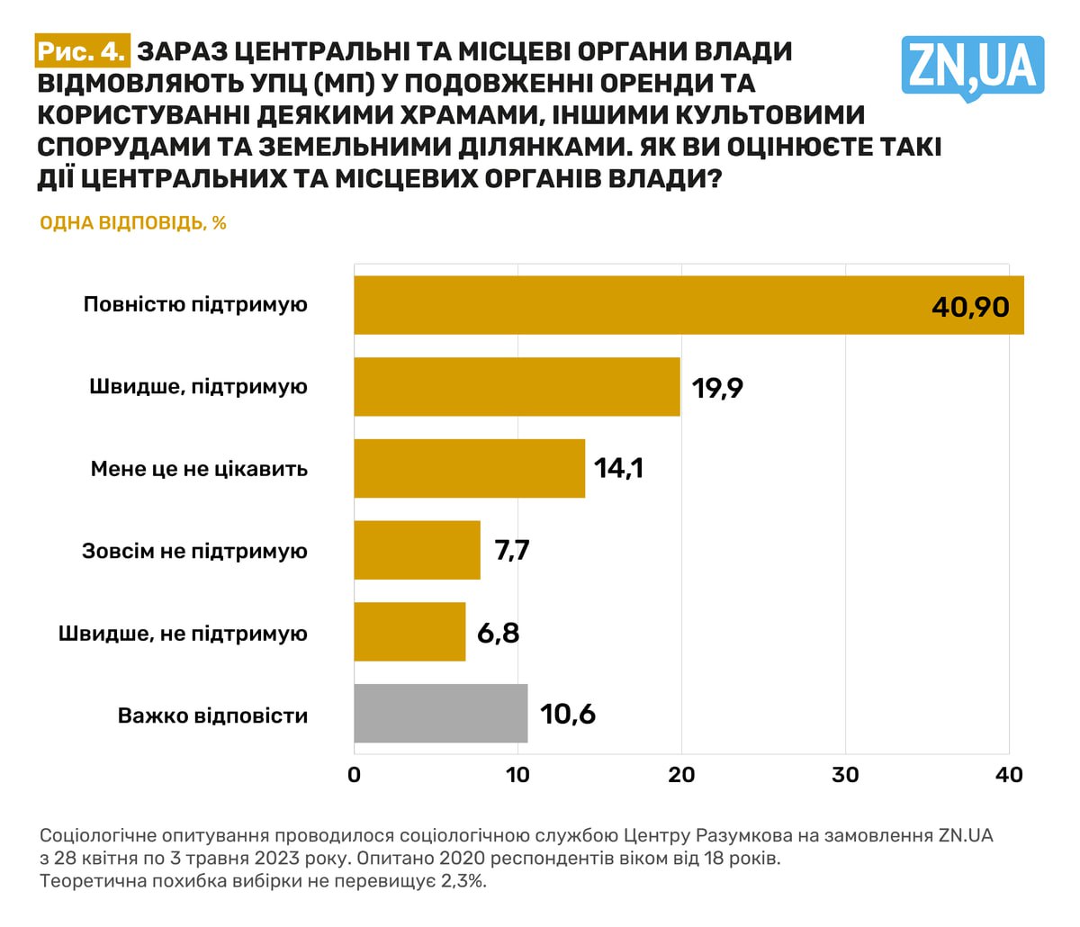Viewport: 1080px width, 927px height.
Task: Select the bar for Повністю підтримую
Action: [688, 305]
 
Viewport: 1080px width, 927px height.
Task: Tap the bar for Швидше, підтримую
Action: [517, 387]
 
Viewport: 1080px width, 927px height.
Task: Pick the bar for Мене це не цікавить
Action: [469, 469]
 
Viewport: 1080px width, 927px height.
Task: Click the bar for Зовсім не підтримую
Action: [417, 551]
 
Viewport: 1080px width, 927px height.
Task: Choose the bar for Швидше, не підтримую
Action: [409, 633]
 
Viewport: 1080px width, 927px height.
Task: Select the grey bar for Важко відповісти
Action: [440, 715]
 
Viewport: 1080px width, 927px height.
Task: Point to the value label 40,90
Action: [970, 306]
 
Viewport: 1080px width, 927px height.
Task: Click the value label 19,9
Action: [717, 388]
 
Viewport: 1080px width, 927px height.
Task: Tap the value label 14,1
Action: [618, 469]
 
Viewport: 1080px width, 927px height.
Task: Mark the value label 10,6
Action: [568, 715]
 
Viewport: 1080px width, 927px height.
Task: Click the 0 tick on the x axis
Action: [354, 775]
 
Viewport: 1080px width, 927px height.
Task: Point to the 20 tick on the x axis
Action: [681, 775]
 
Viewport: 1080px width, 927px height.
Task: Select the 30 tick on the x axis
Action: [845, 775]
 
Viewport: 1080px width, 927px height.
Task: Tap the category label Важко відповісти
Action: [212, 716]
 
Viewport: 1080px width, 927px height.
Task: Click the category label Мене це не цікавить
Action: [199, 469]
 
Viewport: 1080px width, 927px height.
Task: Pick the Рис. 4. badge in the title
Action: [82, 52]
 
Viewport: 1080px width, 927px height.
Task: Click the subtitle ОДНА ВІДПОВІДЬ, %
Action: [132, 222]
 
